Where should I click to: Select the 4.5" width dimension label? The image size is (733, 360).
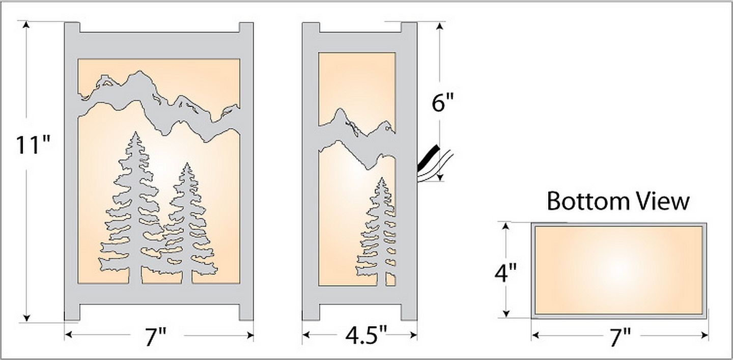click(359, 337)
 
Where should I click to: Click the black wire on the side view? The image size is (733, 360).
click(428, 158)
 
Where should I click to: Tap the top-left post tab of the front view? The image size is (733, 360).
click(72, 29)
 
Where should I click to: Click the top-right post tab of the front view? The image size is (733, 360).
click(246, 29)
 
